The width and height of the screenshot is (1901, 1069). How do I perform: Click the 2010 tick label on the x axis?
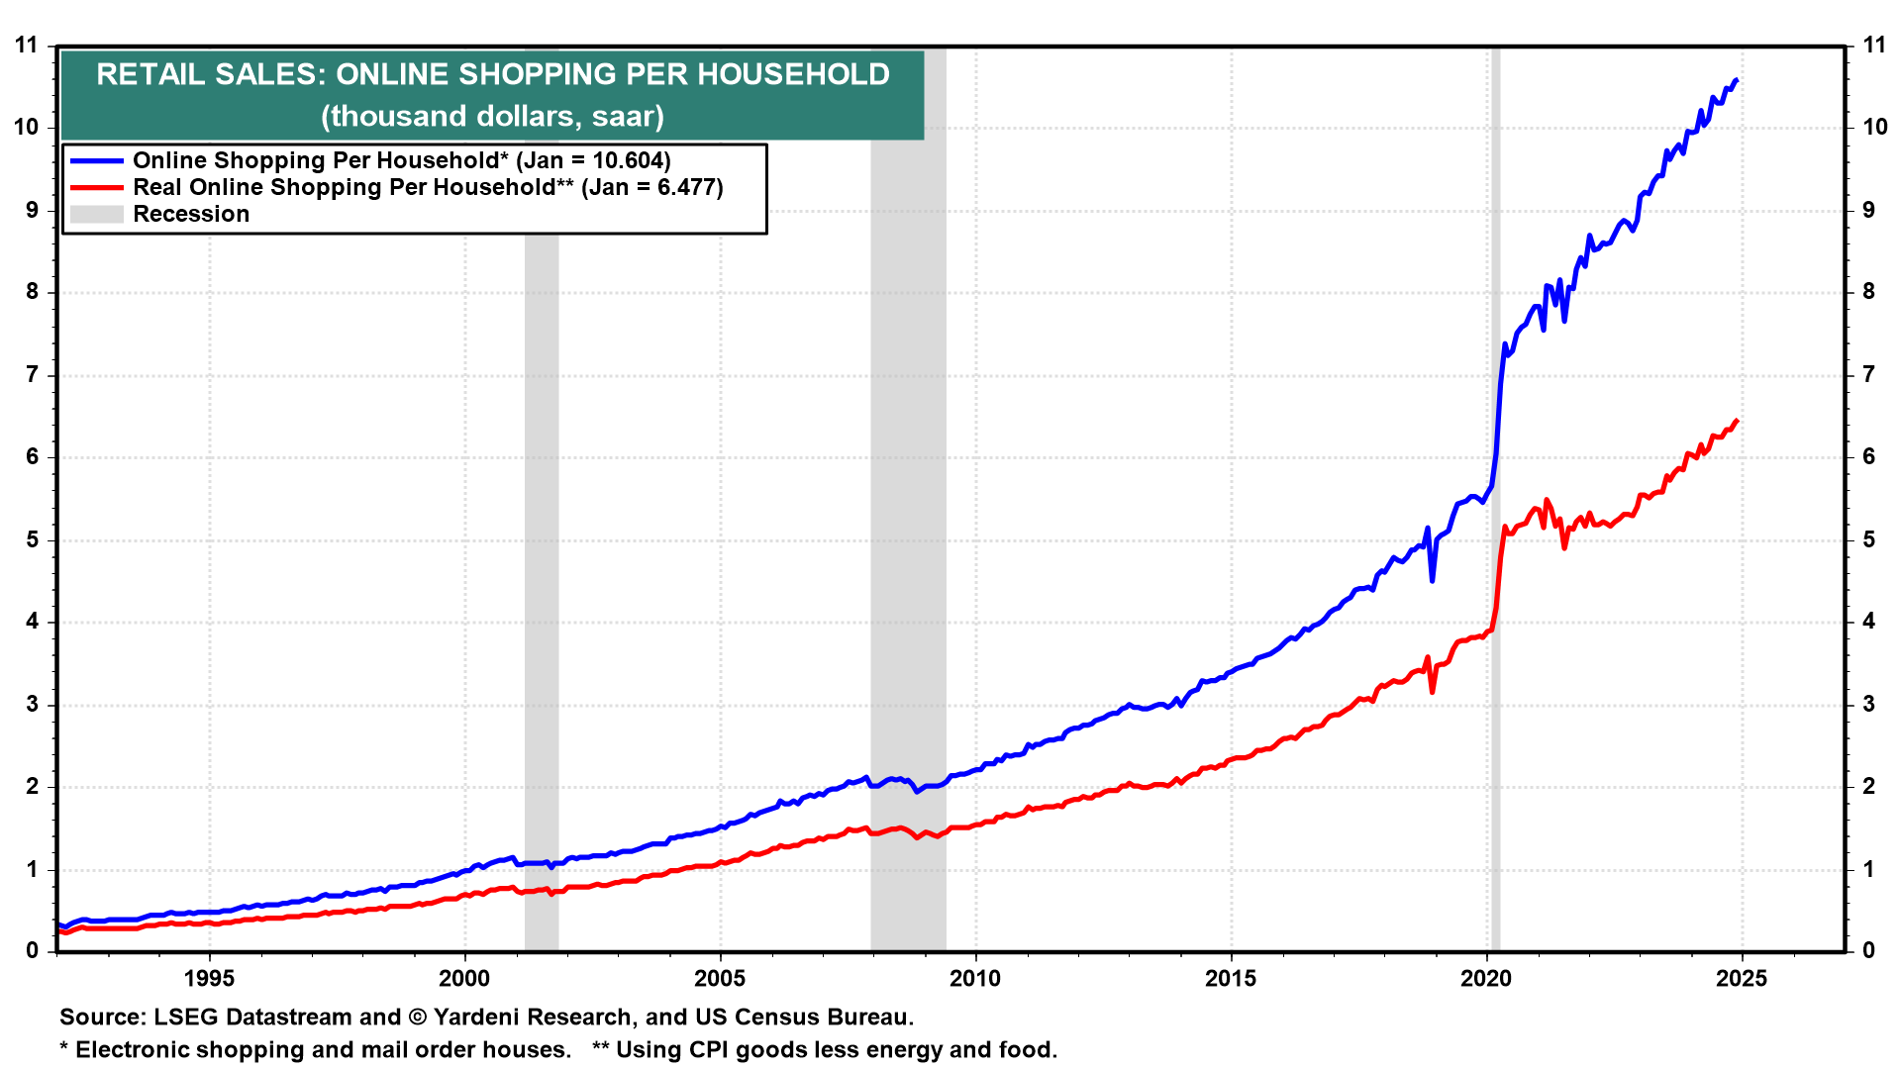tap(975, 979)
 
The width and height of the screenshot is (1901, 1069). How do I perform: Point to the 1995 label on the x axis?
tap(209, 979)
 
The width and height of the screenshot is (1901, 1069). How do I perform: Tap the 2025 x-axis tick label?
tap(1742, 979)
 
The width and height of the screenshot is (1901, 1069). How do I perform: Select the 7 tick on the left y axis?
tap(33, 374)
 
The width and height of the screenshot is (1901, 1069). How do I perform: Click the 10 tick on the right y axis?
tap(1874, 127)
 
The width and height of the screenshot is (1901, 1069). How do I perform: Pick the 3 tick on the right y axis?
tap(1868, 704)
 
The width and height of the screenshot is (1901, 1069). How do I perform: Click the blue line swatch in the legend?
tap(96, 160)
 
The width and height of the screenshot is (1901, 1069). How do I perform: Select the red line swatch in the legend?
tap(96, 187)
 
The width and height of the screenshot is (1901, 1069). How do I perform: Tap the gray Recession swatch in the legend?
tap(96, 214)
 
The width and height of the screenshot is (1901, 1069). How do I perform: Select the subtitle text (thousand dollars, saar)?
tap(492, 116)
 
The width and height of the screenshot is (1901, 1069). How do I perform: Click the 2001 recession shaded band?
tap(542, 495)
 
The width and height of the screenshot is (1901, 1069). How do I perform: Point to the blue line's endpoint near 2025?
tap(1737, 80)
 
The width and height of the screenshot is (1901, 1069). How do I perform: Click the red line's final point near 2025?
tap(1737, 421)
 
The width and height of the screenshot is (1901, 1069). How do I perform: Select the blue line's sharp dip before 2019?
tap(1432, 580)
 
